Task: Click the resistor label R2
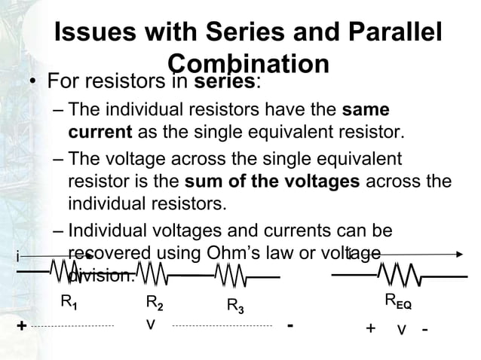click(x=155, y=304)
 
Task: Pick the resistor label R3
click(x=236, y=305)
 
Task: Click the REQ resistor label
click(x=398, y=302)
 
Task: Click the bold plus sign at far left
click(x=21, y=326)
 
